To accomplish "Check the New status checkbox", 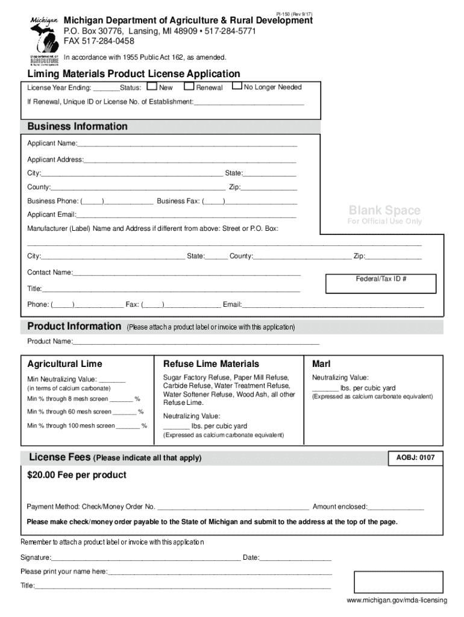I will [152, 87].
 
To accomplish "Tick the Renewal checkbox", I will [189, 87].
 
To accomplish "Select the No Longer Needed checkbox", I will [237, 87].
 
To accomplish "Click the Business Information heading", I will [77, 127].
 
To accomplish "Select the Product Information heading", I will [74, 327].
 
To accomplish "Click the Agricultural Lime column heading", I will [65, 364].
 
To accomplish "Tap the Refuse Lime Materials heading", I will [211, 364].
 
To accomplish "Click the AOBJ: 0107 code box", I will [415, 458].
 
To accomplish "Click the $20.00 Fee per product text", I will [77, 475].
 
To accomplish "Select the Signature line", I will [145, 558].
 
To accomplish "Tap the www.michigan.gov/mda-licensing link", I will [397, 601].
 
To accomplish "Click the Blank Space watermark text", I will [384, 210].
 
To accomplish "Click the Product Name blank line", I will [195, 342].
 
